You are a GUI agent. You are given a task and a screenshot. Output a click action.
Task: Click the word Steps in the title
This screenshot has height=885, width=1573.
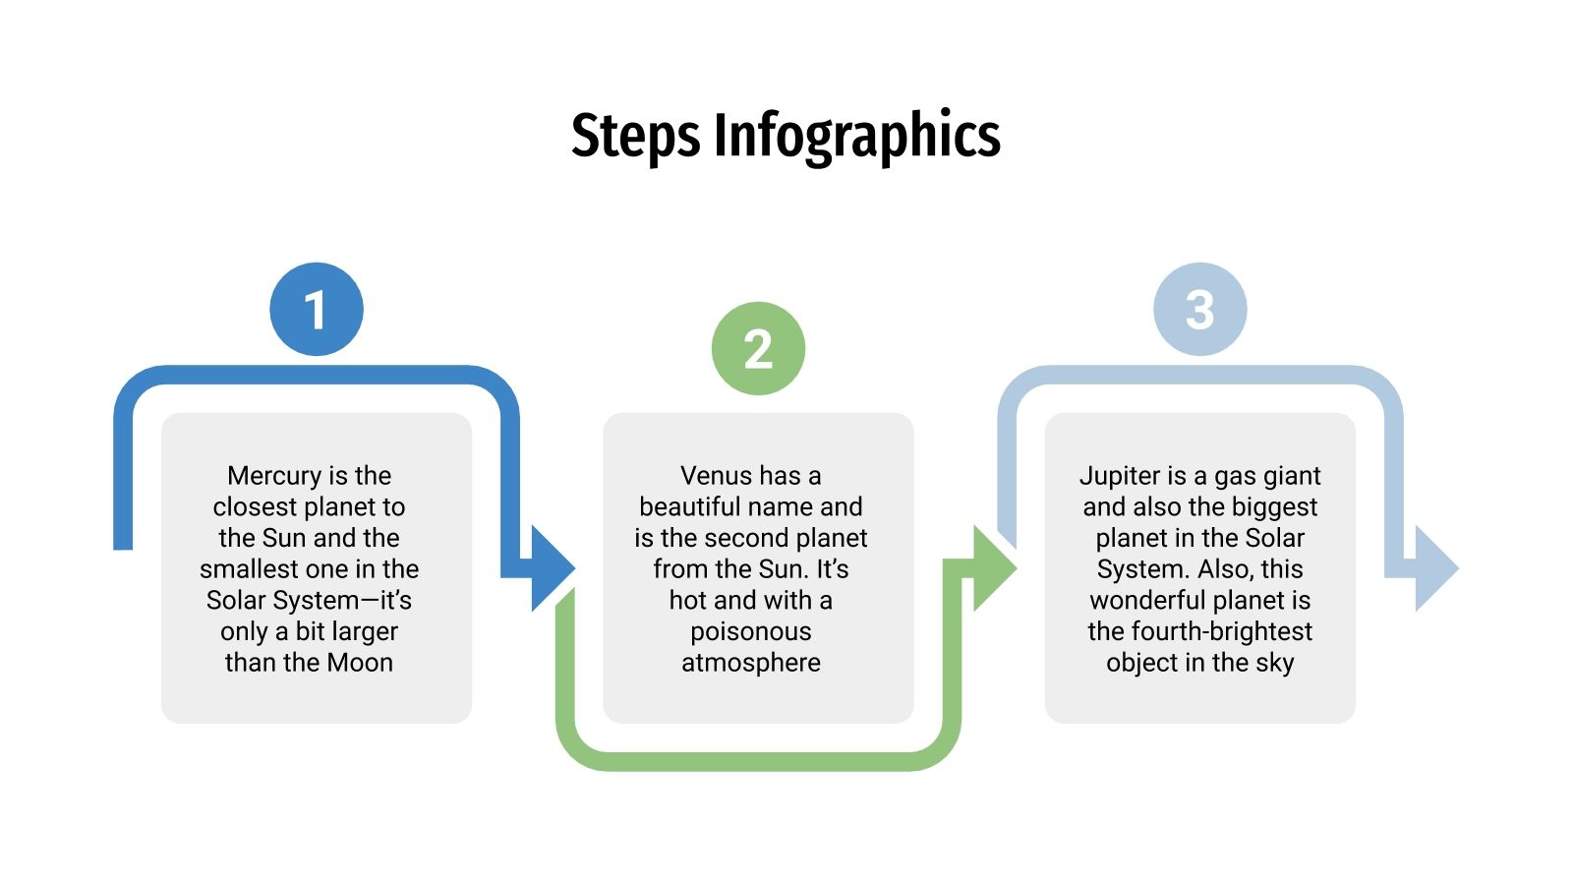point(636,136)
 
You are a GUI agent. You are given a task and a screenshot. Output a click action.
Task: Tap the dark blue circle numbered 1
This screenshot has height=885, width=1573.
point(317,309)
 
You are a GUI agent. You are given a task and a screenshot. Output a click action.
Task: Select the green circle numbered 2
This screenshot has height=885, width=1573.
point(758,348)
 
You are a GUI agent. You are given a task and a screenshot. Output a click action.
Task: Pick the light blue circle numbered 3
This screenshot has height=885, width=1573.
point(1199,309)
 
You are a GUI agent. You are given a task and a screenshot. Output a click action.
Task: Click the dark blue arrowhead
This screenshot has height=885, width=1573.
point(551,568)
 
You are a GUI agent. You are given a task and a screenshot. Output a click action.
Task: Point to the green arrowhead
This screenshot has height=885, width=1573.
point(993,568)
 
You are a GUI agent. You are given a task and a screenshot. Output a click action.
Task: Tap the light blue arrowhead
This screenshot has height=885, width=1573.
point(1434,568)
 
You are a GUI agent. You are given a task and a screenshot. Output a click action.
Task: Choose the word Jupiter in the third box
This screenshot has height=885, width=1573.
point(1119,476)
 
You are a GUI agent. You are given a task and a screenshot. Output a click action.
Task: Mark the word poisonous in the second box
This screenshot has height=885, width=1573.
point(751,631)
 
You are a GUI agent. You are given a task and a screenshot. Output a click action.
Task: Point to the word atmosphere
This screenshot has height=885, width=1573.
point(751,663)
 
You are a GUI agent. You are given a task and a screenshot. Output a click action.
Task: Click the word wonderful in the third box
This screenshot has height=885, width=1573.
point(1149,600)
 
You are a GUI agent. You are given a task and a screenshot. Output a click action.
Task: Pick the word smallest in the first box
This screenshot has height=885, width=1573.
point(247,569)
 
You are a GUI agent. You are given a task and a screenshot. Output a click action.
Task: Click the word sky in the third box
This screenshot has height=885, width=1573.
point(1274,663)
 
